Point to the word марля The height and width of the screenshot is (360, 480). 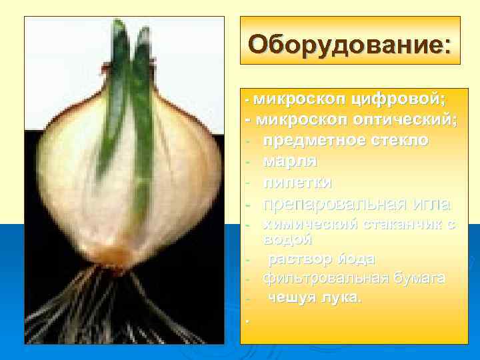pyautogui.click(x=290, y=161)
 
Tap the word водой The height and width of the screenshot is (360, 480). pyautogui.click(x=287, y=238)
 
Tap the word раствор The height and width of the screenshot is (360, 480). pyautogui.click(x=299, y=258)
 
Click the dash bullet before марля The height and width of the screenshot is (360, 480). pyautogui.click(x=247, y=162)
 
